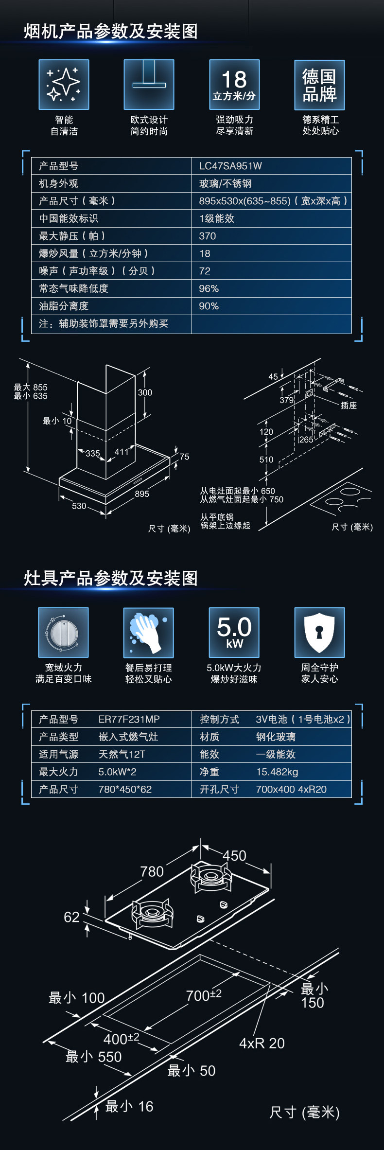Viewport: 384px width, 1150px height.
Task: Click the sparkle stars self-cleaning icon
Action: coord(64,85)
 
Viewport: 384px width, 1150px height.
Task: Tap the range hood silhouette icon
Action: coord(149,85)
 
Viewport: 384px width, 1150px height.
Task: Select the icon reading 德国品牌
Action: coord(319,85)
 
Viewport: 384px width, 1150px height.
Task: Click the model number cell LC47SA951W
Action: coord(230,166)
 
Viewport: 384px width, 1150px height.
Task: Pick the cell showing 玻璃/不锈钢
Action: coord(225,183)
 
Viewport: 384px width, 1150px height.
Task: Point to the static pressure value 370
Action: coord(208,236)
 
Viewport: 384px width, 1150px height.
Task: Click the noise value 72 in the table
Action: coord(205,271)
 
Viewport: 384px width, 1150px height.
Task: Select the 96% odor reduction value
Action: coord(209,288)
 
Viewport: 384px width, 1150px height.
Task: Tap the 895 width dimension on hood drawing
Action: coord(142,494)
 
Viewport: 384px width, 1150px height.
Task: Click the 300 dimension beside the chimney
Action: coord(145,392)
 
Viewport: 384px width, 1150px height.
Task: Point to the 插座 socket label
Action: coord(349,405)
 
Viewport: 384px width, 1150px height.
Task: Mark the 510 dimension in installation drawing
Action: coord(266,460)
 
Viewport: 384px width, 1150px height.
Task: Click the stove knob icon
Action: coord(63,633)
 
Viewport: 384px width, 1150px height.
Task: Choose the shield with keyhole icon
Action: coord(319,633)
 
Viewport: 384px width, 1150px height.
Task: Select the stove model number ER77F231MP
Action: coord(129,719)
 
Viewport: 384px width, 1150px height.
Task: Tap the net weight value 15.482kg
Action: coord(277,772)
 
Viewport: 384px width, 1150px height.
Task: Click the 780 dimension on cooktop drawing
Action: coord(152,871)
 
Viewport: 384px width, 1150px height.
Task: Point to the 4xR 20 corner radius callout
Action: coord(262,1043)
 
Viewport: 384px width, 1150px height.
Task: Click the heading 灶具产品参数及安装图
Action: coord(111,578)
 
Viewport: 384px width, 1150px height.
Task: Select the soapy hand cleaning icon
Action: coord(149,633)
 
